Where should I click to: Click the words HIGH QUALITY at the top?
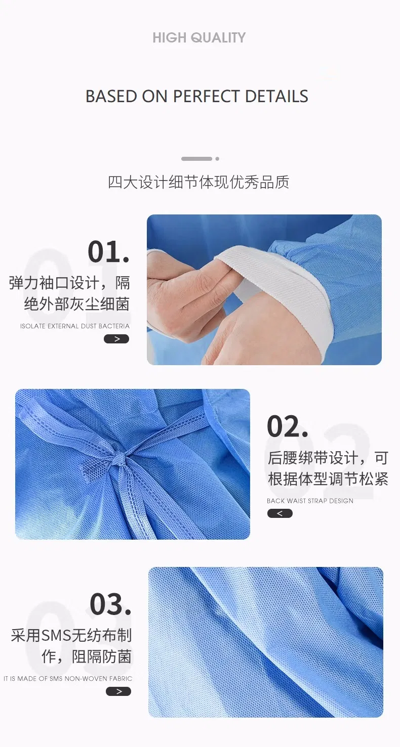[x=199, y=37]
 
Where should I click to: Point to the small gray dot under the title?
[x=217, y=159]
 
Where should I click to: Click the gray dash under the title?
[x=196, y=159]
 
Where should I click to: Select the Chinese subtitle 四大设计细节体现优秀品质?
[x=198, y=182]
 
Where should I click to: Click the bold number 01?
[x=108, y=251]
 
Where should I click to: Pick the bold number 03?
[x=110, y=603]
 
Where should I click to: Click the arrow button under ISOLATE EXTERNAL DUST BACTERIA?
[x=116, y=339]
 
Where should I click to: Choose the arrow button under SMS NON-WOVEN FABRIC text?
[x=118, y=691]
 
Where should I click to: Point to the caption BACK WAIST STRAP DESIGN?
[x=310, y=501]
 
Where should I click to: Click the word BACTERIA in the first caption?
[x=114, y=326]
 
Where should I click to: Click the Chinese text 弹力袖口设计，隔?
[x=69, y=282]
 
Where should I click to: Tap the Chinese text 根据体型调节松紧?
[x=328, y=479]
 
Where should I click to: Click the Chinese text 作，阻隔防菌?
[x=87, y=656]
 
